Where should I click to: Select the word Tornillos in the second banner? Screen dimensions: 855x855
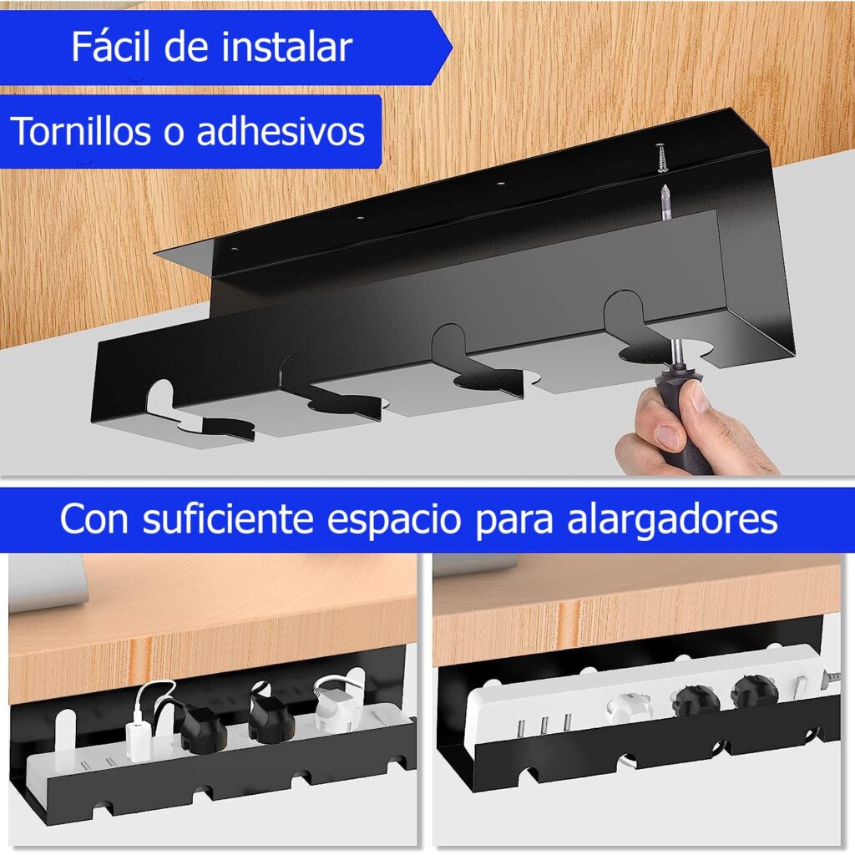coord(81,131)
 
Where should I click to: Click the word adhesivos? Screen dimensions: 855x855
coord(281,131)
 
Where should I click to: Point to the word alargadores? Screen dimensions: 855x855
coord(672,519)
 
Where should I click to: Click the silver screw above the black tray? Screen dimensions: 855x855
coord(661,158)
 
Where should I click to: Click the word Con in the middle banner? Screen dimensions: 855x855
coord(94,519)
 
